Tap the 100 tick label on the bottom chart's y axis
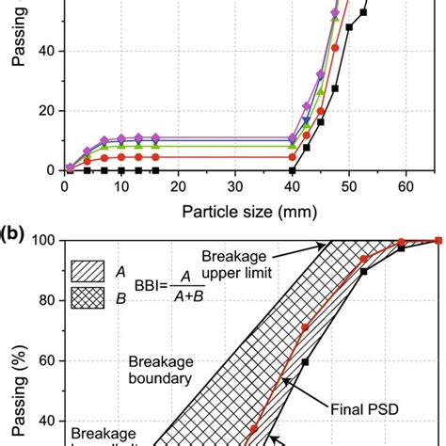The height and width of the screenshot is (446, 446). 42,241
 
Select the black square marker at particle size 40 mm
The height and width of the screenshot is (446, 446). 292,170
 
